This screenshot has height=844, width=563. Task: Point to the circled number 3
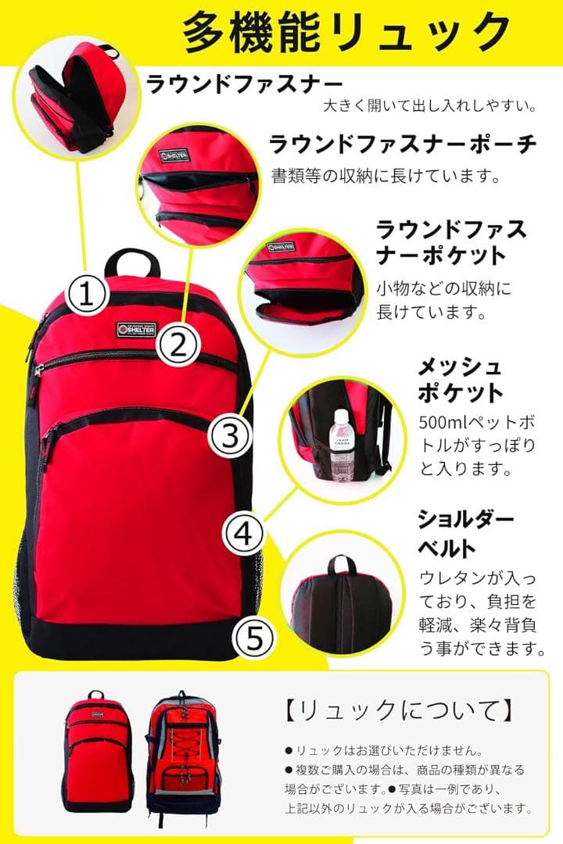[x=231, y=435]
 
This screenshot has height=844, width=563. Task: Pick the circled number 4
[x=243, y=535]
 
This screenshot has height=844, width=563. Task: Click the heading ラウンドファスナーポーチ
[x=403, y=145]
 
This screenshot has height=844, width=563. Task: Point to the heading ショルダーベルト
[x=465, y=531]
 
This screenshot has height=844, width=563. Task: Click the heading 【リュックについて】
[x=398, y=710]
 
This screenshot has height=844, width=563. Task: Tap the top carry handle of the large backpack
[x=132, y=261]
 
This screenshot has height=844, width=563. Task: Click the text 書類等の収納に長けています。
[x=385, y=175]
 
